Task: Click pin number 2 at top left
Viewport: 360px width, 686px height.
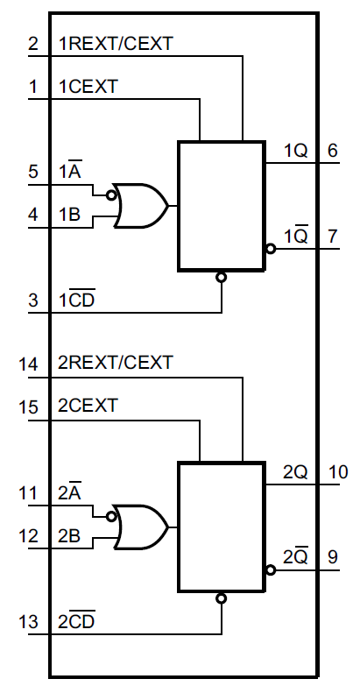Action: click(33, 44)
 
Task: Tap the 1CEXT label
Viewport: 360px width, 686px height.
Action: click(88, 86)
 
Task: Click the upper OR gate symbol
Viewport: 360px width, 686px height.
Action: click(142, 206)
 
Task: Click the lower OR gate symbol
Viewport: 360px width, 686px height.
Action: click(142, 527)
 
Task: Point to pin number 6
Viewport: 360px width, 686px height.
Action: click(332, 150)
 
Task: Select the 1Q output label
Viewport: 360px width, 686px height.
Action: click(295, 151)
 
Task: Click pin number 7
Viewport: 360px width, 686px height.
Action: click(332, 237)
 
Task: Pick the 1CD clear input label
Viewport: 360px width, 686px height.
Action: click(77, 301)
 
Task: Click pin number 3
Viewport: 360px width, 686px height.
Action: click(33, 301)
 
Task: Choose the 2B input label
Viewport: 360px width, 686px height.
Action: click(70, 537)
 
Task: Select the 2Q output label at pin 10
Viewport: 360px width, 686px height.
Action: click(295, 472)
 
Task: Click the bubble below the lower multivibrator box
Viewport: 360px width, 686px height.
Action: click(221, 598)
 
